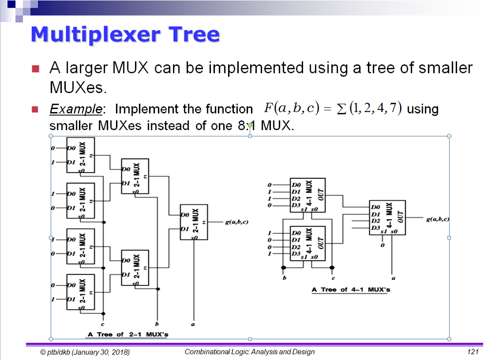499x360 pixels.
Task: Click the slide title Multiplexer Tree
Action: coord(125,35)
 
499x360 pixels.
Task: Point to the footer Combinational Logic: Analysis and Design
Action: coord(249,352)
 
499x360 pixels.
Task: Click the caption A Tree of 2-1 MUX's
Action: coord(128,334)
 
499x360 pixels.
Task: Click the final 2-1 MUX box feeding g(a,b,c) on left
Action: coord(193,222)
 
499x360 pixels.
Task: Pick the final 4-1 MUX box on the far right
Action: coord(387,217)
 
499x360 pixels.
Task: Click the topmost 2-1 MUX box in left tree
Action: coord(80,155)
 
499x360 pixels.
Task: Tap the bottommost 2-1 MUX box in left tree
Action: coord(80,293)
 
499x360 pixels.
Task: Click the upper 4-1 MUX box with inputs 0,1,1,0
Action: coord(308,195)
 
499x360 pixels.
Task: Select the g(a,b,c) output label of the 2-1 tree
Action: coord(237,223)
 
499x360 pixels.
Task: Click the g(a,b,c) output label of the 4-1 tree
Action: coord(437,219)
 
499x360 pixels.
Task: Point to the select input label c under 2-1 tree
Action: coord(102,324)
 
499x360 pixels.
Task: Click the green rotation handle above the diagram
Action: coord(250,126)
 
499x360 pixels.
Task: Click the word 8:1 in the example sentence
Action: coord(248,126)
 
